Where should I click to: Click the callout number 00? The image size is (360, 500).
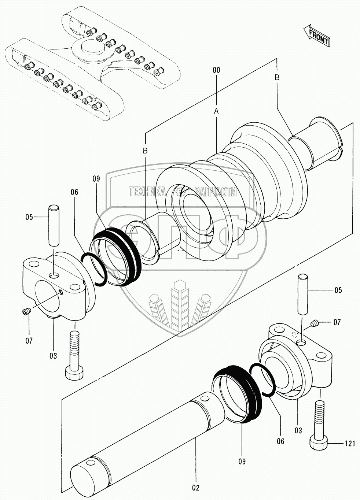[x=216, y=70]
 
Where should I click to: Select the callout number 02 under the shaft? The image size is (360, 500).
[x=195, y=488]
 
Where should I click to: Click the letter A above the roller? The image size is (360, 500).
[x=216, y=111]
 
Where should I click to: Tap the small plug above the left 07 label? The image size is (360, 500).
[x=25, y=312]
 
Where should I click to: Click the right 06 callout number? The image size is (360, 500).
[x=280, y=441]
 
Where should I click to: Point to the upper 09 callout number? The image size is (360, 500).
[x=96, y=179]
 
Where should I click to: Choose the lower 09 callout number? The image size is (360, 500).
[x=242, y=461]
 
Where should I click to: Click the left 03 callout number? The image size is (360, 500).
[x=54, y=355]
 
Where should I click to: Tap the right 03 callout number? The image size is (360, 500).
[x=298, y=431]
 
